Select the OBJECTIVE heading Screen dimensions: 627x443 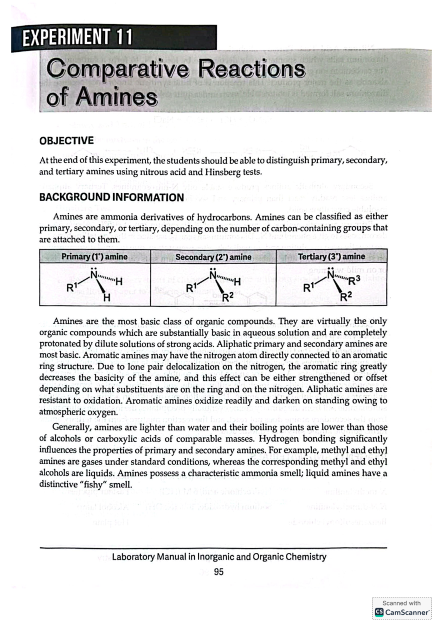point(66,141)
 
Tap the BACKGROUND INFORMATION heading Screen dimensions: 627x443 point(111,197)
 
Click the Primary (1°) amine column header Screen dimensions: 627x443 point(95,257)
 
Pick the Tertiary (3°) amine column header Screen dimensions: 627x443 point(331,256)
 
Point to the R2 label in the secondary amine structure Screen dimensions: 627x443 point(228,296)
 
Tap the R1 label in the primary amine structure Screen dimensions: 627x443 point(71,287)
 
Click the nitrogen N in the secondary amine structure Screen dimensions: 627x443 point(213,275)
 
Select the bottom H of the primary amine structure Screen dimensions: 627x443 point(107,298)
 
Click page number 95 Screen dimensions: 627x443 point(219,572)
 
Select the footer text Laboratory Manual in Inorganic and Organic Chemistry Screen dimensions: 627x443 point(219,556)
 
